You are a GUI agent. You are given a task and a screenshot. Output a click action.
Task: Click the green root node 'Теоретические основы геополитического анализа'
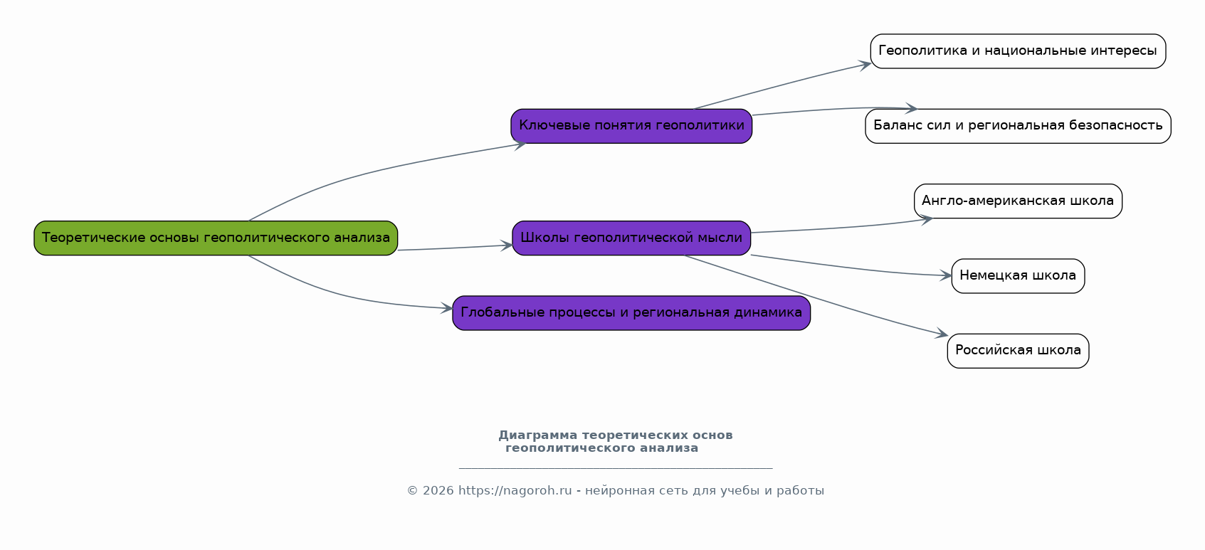tap(216, 238)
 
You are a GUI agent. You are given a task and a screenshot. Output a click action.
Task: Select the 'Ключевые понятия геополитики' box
tap(631, 126)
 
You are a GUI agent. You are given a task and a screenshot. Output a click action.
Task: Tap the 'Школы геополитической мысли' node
tap(631, 238)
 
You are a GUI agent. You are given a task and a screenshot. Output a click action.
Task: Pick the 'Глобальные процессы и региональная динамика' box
tap(631, 313)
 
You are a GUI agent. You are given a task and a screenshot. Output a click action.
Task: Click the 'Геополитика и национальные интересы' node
tap(1018, 51)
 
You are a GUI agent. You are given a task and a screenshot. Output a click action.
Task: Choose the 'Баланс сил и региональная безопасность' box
tap(1018, 126)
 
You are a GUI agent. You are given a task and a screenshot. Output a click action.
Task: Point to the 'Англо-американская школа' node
tap(1018, 201)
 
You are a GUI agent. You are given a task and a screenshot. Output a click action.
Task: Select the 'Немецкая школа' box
tap(1018, 276)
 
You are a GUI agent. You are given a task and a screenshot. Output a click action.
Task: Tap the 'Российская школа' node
tap(1018, 351)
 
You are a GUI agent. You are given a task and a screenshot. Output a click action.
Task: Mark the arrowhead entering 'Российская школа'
tap(942, 334)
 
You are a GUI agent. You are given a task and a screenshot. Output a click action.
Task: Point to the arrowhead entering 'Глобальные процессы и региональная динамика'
tap(447, 308)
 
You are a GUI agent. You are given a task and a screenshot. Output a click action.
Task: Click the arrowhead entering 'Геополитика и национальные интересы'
tap(865, 65)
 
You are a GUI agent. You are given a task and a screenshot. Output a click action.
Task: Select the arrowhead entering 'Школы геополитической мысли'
tap(507, 245)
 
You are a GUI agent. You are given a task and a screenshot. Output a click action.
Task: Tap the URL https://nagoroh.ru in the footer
tap(515, 491)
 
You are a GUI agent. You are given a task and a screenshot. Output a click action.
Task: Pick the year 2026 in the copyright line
tap(438, 491)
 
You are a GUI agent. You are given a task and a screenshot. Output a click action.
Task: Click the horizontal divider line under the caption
tap(616, 468)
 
